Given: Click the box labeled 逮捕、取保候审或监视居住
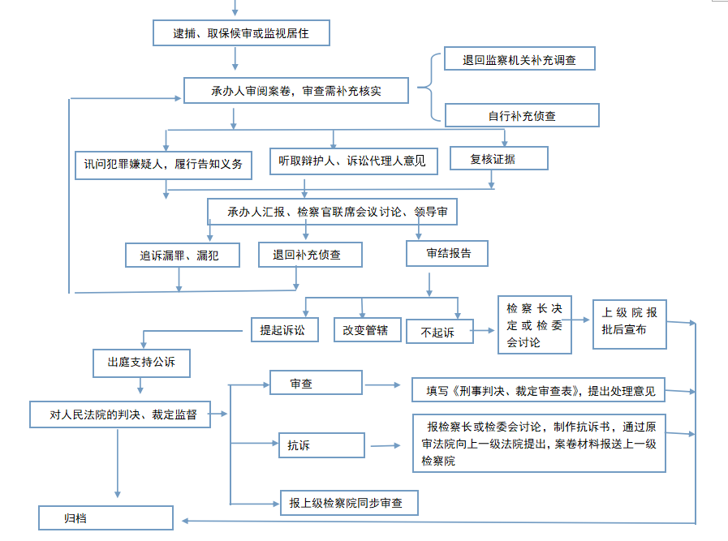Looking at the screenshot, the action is (x=241, y=33).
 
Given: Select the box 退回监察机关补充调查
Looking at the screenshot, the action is (x=519, y=58).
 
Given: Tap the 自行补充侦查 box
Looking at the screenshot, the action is (x=522, y=115).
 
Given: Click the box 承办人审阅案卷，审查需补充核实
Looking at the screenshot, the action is (x=296, y=91).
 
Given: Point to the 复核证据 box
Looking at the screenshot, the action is (x=499, y=158).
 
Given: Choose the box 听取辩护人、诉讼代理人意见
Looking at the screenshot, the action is (x=354, y=161).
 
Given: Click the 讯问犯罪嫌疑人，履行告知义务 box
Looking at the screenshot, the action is (x=163, y=165).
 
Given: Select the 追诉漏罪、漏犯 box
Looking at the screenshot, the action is (x=183, y=255).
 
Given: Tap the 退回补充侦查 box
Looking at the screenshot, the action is (x=310, y=255).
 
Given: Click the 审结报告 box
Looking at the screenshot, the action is (x=447, y=253).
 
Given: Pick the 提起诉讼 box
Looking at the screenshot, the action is (x=285, y=330).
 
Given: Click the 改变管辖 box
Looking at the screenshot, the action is (x=368, y=330).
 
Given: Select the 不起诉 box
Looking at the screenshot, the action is (x=440, y=331).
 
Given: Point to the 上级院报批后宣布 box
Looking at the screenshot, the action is (x=630, y=324).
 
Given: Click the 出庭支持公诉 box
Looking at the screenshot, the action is (x=141, y=363).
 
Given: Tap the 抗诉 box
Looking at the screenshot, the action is (x=321, y=445).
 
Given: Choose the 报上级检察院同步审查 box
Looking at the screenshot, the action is (x=349, y=503).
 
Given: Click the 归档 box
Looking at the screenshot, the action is (x=106, y=517).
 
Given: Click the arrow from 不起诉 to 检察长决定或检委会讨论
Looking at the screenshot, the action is (x=483, y=331).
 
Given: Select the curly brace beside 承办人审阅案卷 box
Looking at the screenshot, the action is (x=428, y=88).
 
